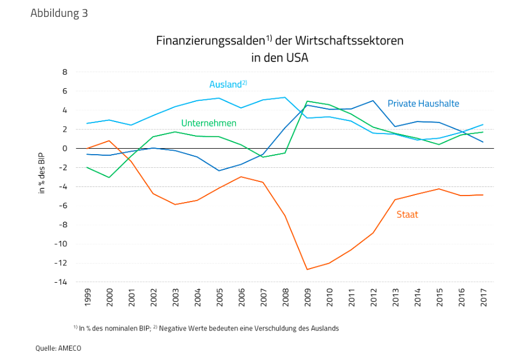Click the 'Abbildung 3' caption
point(59,13)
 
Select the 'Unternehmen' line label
point(209,123)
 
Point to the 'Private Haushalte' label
point(423,103)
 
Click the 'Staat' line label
point(408,215)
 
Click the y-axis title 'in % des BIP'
point(41,173)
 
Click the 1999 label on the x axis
point(88,297)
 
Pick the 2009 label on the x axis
point(307,297)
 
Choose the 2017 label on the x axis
point(483,297)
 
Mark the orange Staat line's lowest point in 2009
point(307,270)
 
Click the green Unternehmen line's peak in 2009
point(307,101)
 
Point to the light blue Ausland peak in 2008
point(285,97)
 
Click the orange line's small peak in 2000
point(110,141)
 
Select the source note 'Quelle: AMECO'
point(58,347)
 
